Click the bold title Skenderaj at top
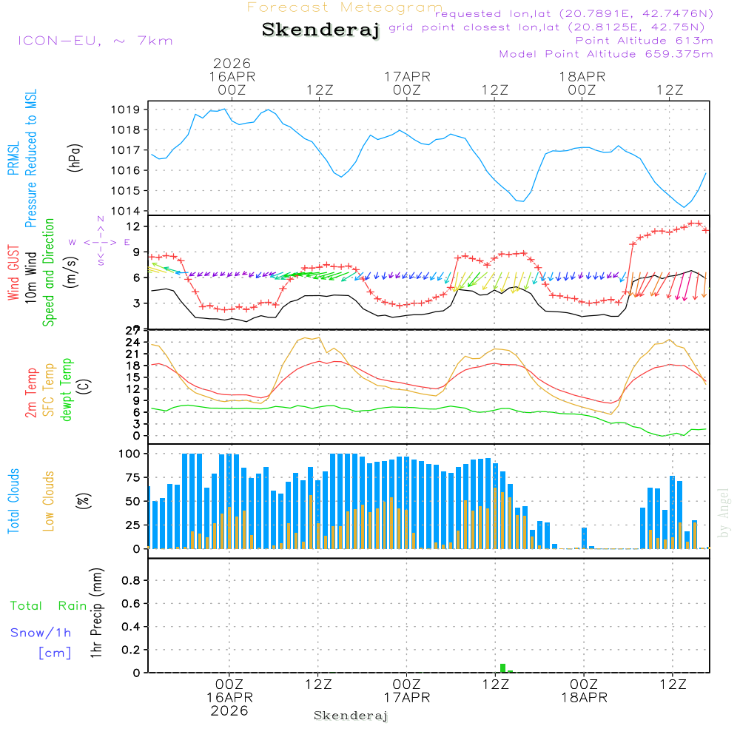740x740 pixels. click(x=320, y=30)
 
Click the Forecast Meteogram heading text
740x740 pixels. click(x=345, y=7)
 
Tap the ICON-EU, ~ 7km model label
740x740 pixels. click(x=95, y=41)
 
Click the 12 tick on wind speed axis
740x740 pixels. click(x=134, y=226)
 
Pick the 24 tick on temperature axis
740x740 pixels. click(x=134, y=342)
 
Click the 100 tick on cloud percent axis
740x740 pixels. click(x=130, y=454)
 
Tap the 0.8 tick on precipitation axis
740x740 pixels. click(x=131, y=580)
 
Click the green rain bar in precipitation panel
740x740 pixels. click(x=503, y=667)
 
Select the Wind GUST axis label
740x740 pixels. click(x=13, y=275)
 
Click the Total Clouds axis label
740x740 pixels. click(x=13, y=501)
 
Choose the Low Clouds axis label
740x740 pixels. click(x=49, y=500)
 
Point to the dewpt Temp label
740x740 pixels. click(x=67, y=390)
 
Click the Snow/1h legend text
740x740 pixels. click(x=41, y=633)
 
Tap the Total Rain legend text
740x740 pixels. click(x=48, y=605)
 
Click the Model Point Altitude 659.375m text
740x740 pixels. click(x=606, y=54)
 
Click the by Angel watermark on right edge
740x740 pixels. click(x=724, y=513)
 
